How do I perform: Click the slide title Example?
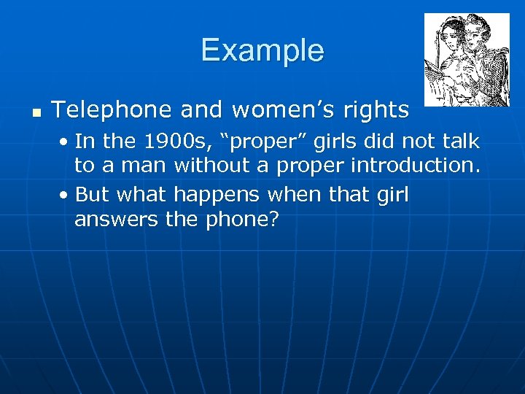tap(262, 50)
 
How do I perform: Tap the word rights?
tap(381, 110)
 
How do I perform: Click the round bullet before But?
tap(66, 196)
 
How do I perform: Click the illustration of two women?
tap(467, 60)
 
